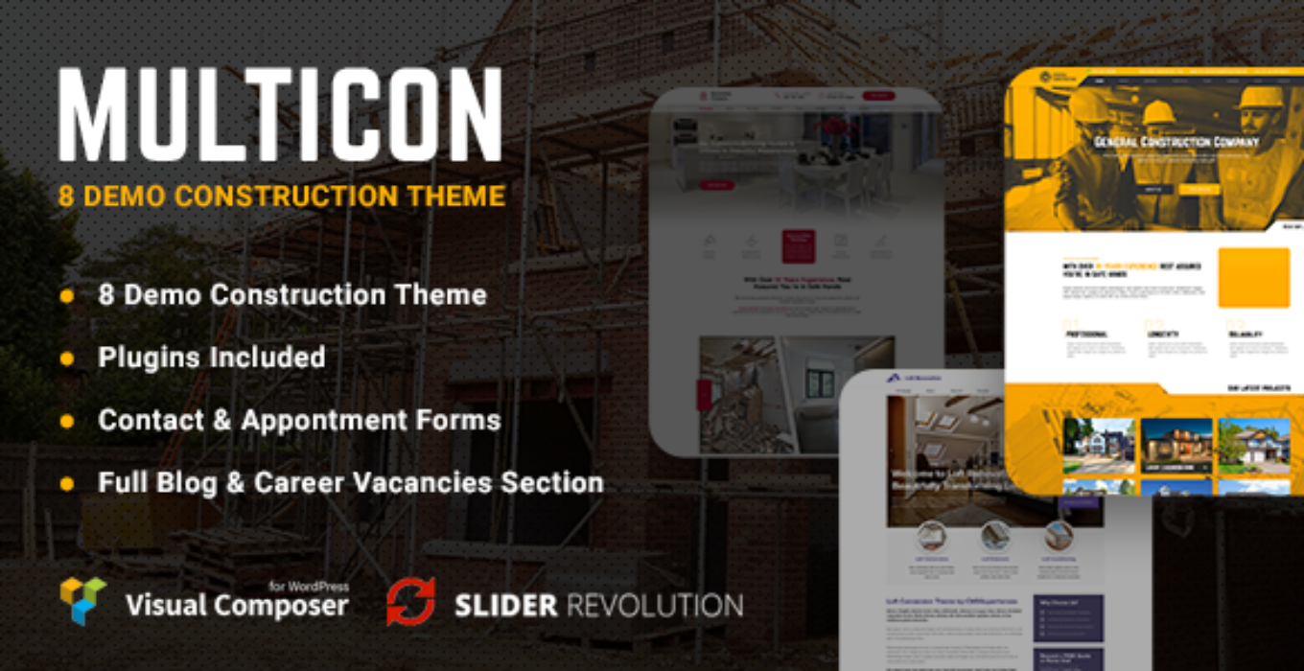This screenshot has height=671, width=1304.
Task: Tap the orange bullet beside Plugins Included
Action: [x=67, y=359]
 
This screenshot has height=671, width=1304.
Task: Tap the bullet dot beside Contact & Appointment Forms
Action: [x=67, y=421]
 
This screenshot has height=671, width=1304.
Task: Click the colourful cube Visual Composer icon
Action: [x=83, y=601]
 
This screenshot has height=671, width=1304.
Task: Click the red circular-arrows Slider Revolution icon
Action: [x=410, y=602]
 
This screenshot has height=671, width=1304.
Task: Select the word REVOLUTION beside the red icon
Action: [x=655, y=605]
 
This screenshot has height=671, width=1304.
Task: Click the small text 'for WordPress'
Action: [x=309, y=585]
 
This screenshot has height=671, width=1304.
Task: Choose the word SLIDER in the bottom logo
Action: [x=504, y=605]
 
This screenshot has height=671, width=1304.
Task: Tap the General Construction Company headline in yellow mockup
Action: [x=1176, y=143]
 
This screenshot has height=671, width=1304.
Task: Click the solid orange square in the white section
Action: [x=1253, y=278]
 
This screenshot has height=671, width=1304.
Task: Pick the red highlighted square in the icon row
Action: [x=798, y=245]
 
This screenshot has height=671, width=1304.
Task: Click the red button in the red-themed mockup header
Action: [x=878, y=96]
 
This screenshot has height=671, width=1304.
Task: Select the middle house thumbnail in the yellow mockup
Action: [x=1176, y=446]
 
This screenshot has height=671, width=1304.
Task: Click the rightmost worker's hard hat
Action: [x=1260, y=97]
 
